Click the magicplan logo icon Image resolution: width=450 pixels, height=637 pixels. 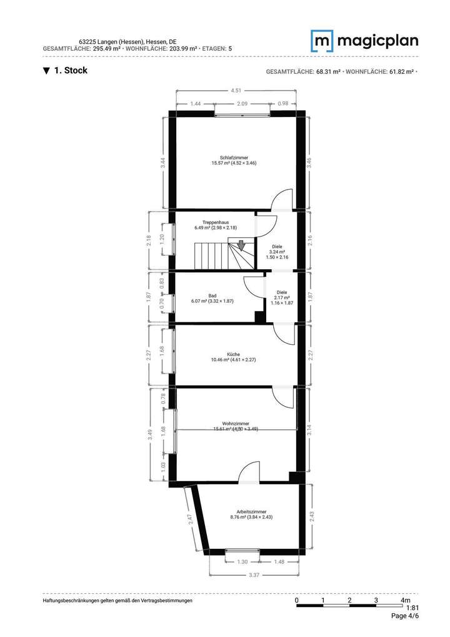click(x=322, y=41)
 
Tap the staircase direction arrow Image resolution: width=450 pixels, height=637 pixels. click(x=241, y=245)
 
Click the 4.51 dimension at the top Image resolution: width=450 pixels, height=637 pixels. click(x=236, y=90)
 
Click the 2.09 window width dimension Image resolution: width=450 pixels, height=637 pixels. click(x=242, y=103)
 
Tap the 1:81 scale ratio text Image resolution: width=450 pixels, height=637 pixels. click(x=412, y=608)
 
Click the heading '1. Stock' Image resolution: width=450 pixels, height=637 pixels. click(x=66, y=71)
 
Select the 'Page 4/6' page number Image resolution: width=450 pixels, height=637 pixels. click(x=404, y=616)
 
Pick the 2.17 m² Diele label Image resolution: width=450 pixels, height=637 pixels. click(x=281, y=297)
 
